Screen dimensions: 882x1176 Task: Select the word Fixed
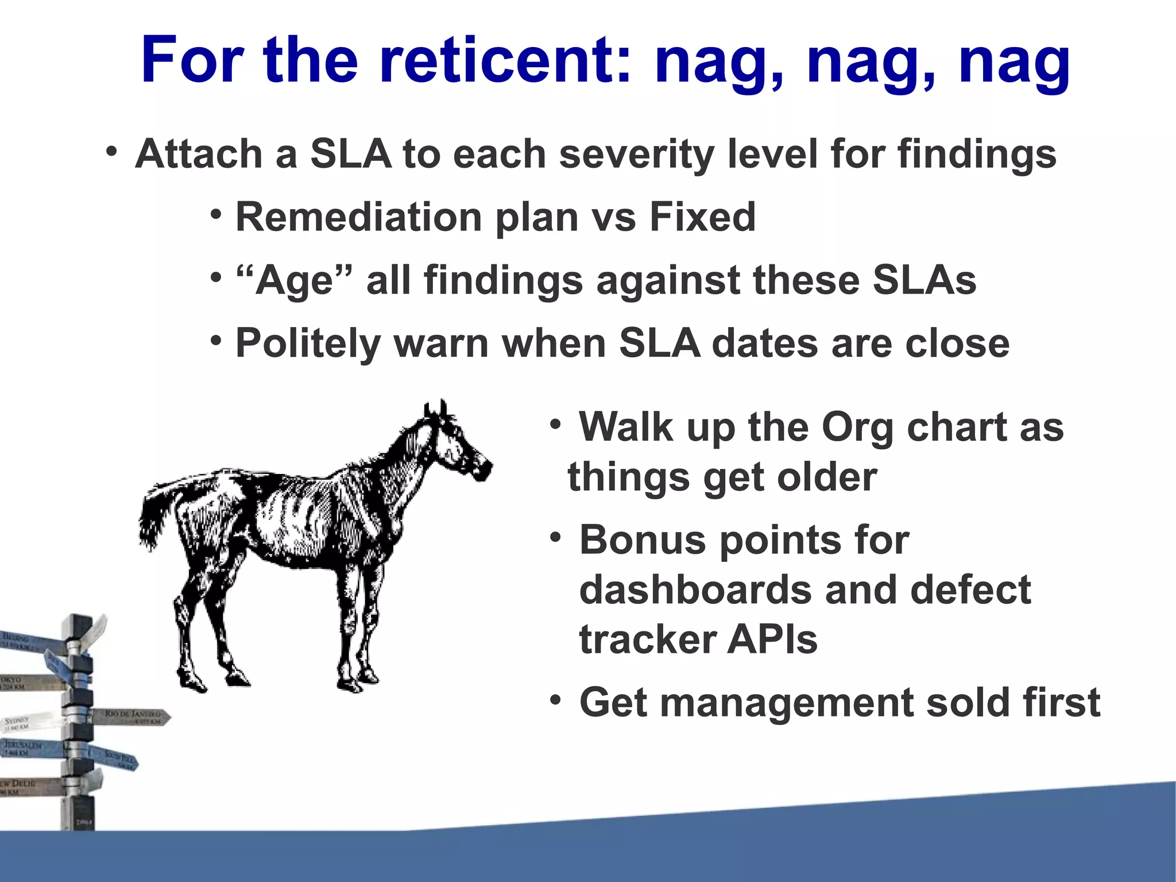(702, 217)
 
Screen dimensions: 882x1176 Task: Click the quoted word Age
(293, 280)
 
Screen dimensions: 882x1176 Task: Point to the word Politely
(308, 344)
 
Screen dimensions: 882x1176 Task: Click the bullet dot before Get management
(555, 700)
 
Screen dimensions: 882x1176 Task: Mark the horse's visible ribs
(293, 511)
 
